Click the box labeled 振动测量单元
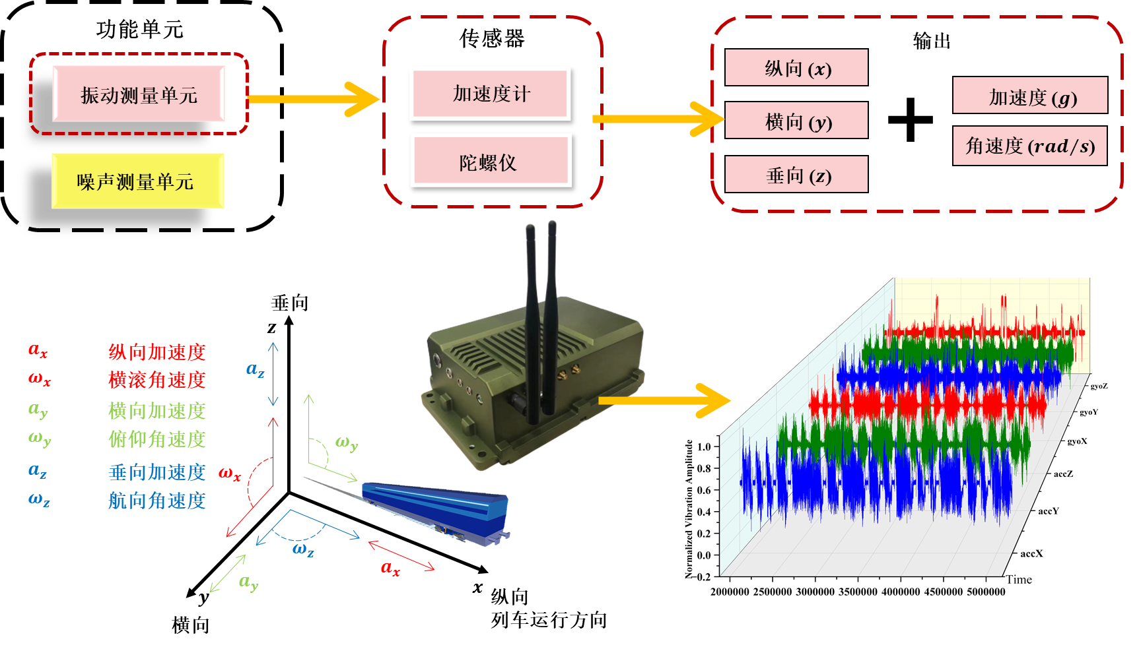point(139,94)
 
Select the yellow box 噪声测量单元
point(137,181)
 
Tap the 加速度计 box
point(490,94)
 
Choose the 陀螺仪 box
point(490,161)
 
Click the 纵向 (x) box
point(796,68)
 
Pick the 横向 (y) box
point(796,121)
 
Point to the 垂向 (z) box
point(796,175)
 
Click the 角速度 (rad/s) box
point(1030,146)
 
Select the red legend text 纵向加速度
point(157,352)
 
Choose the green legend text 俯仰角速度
point(157,439)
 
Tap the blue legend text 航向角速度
point(157,501)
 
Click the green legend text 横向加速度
point(157,411)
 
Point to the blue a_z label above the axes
point(255,370)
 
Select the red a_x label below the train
point(390,568)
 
